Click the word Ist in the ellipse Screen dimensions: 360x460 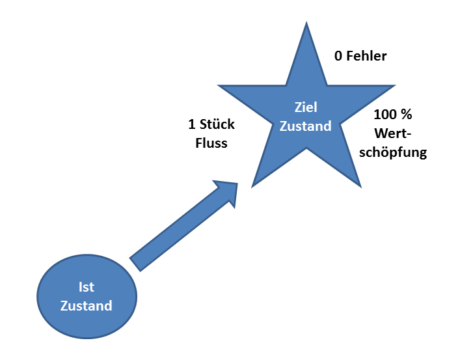(86, 288)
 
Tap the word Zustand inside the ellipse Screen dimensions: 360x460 (86, 305)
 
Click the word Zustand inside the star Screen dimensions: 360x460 (305, 126)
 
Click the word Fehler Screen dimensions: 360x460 (366, 56)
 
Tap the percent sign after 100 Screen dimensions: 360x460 (407, 115)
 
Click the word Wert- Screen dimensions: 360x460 (394, 134)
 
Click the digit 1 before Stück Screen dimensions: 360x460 (192, 124)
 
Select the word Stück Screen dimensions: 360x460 (217, 124)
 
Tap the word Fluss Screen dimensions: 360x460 (211, 143)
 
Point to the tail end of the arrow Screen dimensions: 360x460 (136, 263)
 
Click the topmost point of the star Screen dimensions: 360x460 (306, 24)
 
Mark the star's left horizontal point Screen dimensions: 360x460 (220, 86)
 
